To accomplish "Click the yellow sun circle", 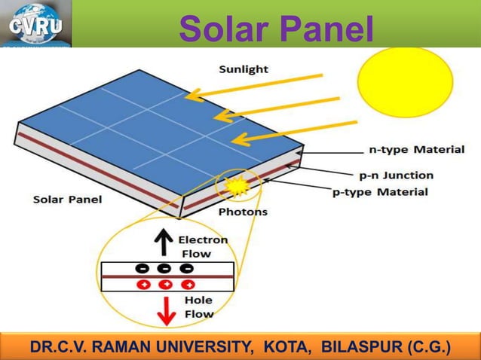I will (405, 82).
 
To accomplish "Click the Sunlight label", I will (244, 69).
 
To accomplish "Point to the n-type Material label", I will (415, 149).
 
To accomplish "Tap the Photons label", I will (242, 212).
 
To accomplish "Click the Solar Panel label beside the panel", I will (67, 200).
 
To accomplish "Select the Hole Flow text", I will (198, 307).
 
